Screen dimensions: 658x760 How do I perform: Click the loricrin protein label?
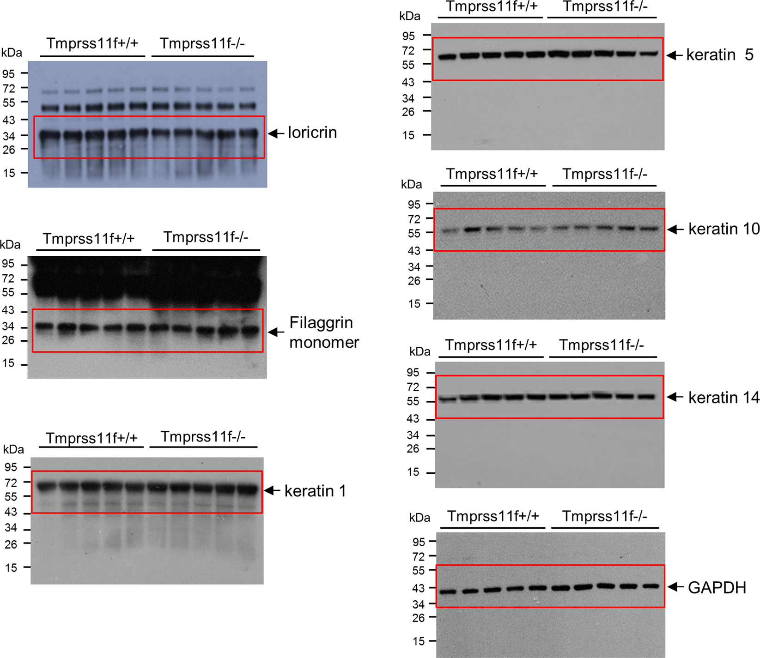click(312, 133)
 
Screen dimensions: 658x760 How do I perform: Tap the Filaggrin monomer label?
click(323, 332)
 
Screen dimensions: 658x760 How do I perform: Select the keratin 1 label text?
click(315, 491)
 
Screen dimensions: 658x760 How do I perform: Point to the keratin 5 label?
click(719, 55)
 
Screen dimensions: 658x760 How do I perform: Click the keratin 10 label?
click(724, 229)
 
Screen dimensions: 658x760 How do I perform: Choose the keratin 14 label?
click(724, 398)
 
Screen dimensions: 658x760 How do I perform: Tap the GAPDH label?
click(717, 588)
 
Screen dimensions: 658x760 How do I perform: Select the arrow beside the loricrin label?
click(276, 133)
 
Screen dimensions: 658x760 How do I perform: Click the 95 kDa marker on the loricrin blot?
click(8, 74)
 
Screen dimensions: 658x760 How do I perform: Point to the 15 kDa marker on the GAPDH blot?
click(419, 641)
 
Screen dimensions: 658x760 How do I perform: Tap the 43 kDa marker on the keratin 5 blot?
click(408, 82)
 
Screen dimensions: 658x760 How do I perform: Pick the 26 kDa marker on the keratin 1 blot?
click(11, 544)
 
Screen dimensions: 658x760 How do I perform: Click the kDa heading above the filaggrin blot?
click(10, 244)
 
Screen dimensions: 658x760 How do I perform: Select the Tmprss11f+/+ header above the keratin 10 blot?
click(492, 175)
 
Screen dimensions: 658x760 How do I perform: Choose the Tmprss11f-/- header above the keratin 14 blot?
click(602, 345)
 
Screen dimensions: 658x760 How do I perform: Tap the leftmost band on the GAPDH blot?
click(448, 592)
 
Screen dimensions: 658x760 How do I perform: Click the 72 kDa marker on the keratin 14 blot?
click(413, 387)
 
